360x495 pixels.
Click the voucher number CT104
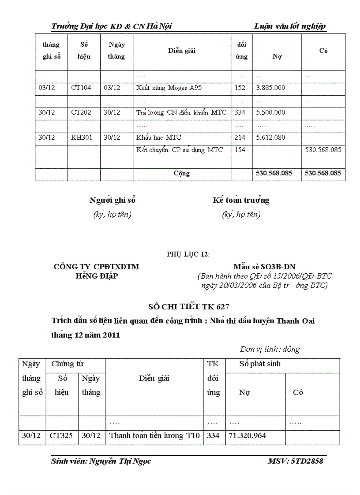pos(81,88)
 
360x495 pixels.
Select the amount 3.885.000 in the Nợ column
pos(270,88)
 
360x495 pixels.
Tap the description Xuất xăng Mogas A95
pos(169,88)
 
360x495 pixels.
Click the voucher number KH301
pos(82,138)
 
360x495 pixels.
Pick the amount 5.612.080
pos(270,138)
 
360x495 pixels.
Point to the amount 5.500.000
pos(270,112)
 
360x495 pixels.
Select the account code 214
pos(240,138)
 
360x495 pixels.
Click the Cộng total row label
pos(181,173)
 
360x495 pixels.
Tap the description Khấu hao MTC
pos(159,138)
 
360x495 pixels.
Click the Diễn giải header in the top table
pos(181,51)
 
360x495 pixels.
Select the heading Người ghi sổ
pos(112,200)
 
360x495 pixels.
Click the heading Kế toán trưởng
pos(241,200)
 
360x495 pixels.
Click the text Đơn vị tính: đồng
pos(270,349)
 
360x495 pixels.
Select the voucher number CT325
pos(62,435)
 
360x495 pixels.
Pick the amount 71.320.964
pos(247,435)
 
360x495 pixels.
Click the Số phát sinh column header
pos(260,364)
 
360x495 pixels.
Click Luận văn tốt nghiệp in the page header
pos(290,26)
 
